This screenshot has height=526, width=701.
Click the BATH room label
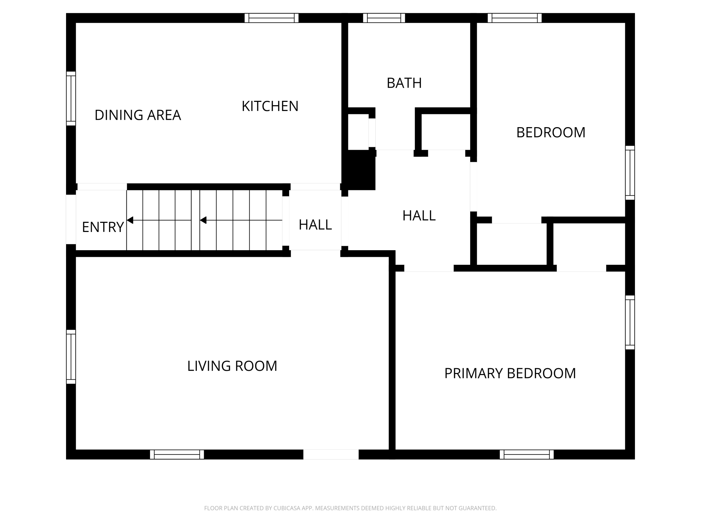(x=404, y=83)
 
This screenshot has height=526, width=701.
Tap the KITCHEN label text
(x=270, y=106)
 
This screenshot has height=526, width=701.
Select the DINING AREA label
(x=138, y=115)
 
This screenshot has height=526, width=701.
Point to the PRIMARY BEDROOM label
(x=510, y=373)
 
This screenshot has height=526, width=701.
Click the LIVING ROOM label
(x=232, y=366)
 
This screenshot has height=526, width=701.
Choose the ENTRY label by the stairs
(x=103, y=227)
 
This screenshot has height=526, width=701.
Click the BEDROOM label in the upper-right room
(x=550, y=132)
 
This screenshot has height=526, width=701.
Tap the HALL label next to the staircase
(x=315, y=225)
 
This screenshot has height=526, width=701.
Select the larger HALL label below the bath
(x=419, y=215)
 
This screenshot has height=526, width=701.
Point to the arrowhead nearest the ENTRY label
(x=130, y=220)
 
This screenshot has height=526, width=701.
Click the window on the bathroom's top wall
(x=384, y=18)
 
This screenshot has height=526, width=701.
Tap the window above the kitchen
(x=271, y=18)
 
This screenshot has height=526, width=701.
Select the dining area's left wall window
(x=71, y=98)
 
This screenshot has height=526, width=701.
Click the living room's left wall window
(x=71, y=357)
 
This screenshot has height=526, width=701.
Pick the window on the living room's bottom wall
(x=177, y=454)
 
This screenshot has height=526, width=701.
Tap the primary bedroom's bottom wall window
(x=526, y=454)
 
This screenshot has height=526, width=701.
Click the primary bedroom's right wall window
(x=630, y=322)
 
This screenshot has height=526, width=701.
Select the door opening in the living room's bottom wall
(x=331, y=454)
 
